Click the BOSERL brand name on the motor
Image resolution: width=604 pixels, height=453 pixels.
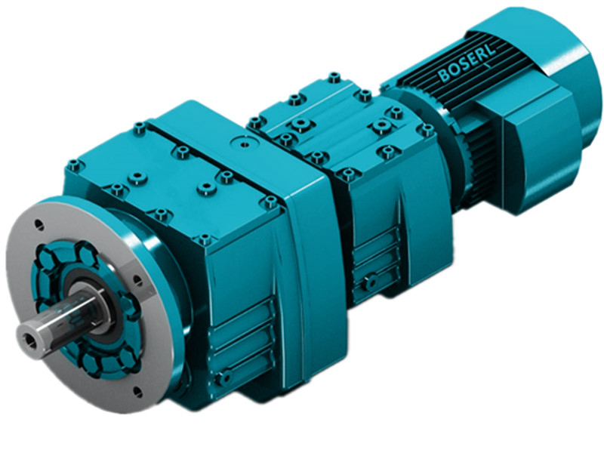coord(467,67)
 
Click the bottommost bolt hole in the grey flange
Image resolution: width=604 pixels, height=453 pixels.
coord(137,392)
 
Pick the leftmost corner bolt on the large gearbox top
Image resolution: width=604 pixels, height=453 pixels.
coord(73,165)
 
